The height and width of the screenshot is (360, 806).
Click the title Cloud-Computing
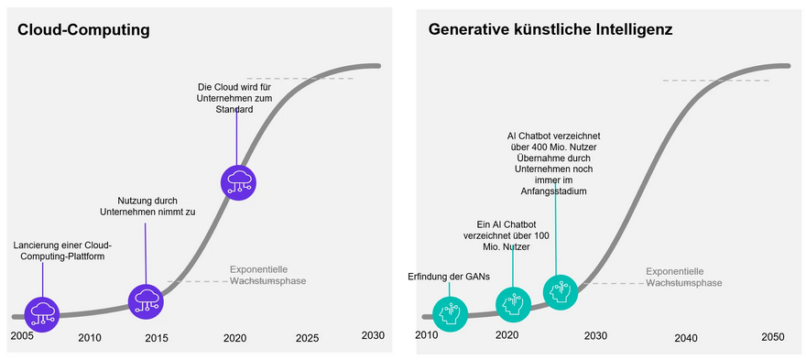(83, 30)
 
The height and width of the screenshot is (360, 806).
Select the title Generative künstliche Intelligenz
(550, 30)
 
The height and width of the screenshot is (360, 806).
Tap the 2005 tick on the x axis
(22, 336)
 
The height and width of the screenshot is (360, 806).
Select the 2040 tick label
(685, 338)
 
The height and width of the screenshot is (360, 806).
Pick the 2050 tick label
(773, 338)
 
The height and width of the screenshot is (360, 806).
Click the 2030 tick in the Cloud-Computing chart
(372, 334)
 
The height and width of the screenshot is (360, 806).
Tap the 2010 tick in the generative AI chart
(427, 335)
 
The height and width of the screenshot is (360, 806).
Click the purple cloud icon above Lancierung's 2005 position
(42, 313)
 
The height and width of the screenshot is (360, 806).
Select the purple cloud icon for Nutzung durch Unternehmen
(145, 300)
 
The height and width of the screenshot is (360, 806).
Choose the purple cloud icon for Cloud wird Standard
(238, 180)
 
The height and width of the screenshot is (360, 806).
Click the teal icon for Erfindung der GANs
(449, 313)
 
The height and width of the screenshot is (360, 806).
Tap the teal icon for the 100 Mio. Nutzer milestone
(513, 303)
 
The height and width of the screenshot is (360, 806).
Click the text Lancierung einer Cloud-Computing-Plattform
(62, 251)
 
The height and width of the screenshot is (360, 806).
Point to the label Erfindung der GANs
(449, 278)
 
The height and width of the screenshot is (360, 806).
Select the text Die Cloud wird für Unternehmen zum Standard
(236, 98)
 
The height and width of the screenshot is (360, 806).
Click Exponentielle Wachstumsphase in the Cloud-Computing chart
(267, 275)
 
